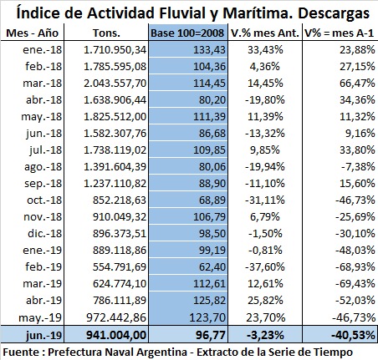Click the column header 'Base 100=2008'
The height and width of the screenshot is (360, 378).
click(187, 33)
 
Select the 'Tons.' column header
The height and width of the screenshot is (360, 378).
click(106, 33)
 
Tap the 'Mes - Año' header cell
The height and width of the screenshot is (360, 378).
click(32, 33)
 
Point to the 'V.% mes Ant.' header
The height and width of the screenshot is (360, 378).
click(265, 33)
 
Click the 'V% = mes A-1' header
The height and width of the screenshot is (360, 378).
click(339, 33)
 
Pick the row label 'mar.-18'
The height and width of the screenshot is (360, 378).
click(43, 84)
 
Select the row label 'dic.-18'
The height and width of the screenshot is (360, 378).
click(44, 233)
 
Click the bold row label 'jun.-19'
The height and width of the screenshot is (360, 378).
click(43, 335)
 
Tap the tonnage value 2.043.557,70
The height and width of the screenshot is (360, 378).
click(115, 84)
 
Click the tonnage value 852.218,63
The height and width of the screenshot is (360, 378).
click(120, 200)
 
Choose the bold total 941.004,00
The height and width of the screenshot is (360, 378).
click(116, 335)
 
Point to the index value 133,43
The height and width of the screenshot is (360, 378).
click(209, 50)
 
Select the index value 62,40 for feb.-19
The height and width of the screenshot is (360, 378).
click(212, 267)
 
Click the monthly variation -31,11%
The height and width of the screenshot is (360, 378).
click(265, 200)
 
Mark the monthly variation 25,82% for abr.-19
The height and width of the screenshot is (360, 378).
click(265, 301)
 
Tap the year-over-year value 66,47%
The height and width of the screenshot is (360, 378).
click(357, 84)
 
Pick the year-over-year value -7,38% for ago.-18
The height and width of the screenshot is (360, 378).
click(358, 167)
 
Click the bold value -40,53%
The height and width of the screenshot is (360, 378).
click(353, 335)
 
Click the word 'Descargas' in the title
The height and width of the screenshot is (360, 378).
click(334, 13)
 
